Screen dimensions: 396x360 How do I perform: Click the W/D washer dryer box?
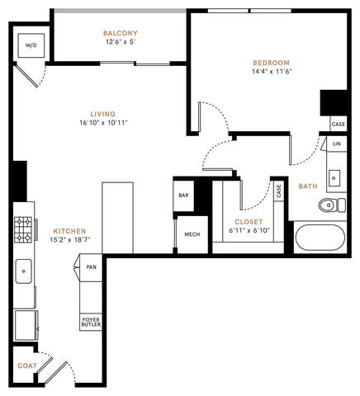(x=31, y=45)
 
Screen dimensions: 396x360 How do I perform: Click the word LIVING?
(x=102, y=114)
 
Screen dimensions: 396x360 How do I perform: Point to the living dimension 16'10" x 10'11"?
(x=102, y=124)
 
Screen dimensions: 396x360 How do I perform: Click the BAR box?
(x=182, y=196)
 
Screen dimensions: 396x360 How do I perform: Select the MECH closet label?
(x=192, y=235)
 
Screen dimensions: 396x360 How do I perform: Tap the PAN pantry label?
(x=91, y=267)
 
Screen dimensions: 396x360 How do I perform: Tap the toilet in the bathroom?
(x=330, y=204)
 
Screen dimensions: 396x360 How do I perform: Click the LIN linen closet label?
(x=336, y=144)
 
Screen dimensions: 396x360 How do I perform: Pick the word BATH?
(x=307, y=186)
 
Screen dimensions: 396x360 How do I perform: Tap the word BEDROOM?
(x=272, y=63)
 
